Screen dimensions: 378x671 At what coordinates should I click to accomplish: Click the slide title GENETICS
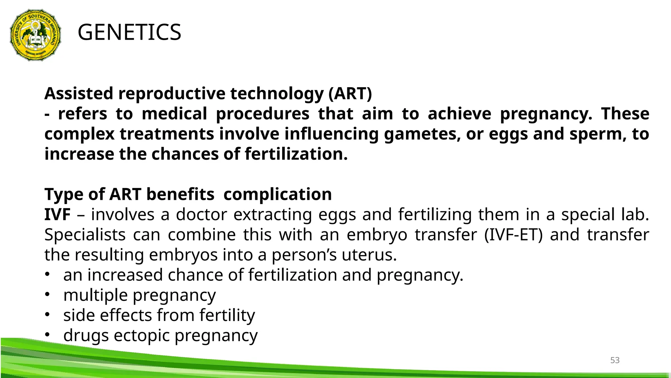pos(129,32)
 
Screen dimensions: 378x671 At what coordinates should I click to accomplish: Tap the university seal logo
pos(35,35)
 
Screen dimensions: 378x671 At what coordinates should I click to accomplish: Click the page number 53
pos(615,360)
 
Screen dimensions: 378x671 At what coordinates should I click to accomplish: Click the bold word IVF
pos(57,215)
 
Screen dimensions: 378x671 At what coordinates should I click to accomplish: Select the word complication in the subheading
pos(278,194)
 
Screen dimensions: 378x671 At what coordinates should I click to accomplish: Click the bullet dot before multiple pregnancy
pos(47,295)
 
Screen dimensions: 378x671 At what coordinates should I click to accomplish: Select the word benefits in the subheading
pos(180,194)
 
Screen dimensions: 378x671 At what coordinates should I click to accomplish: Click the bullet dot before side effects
pos(47,315)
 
